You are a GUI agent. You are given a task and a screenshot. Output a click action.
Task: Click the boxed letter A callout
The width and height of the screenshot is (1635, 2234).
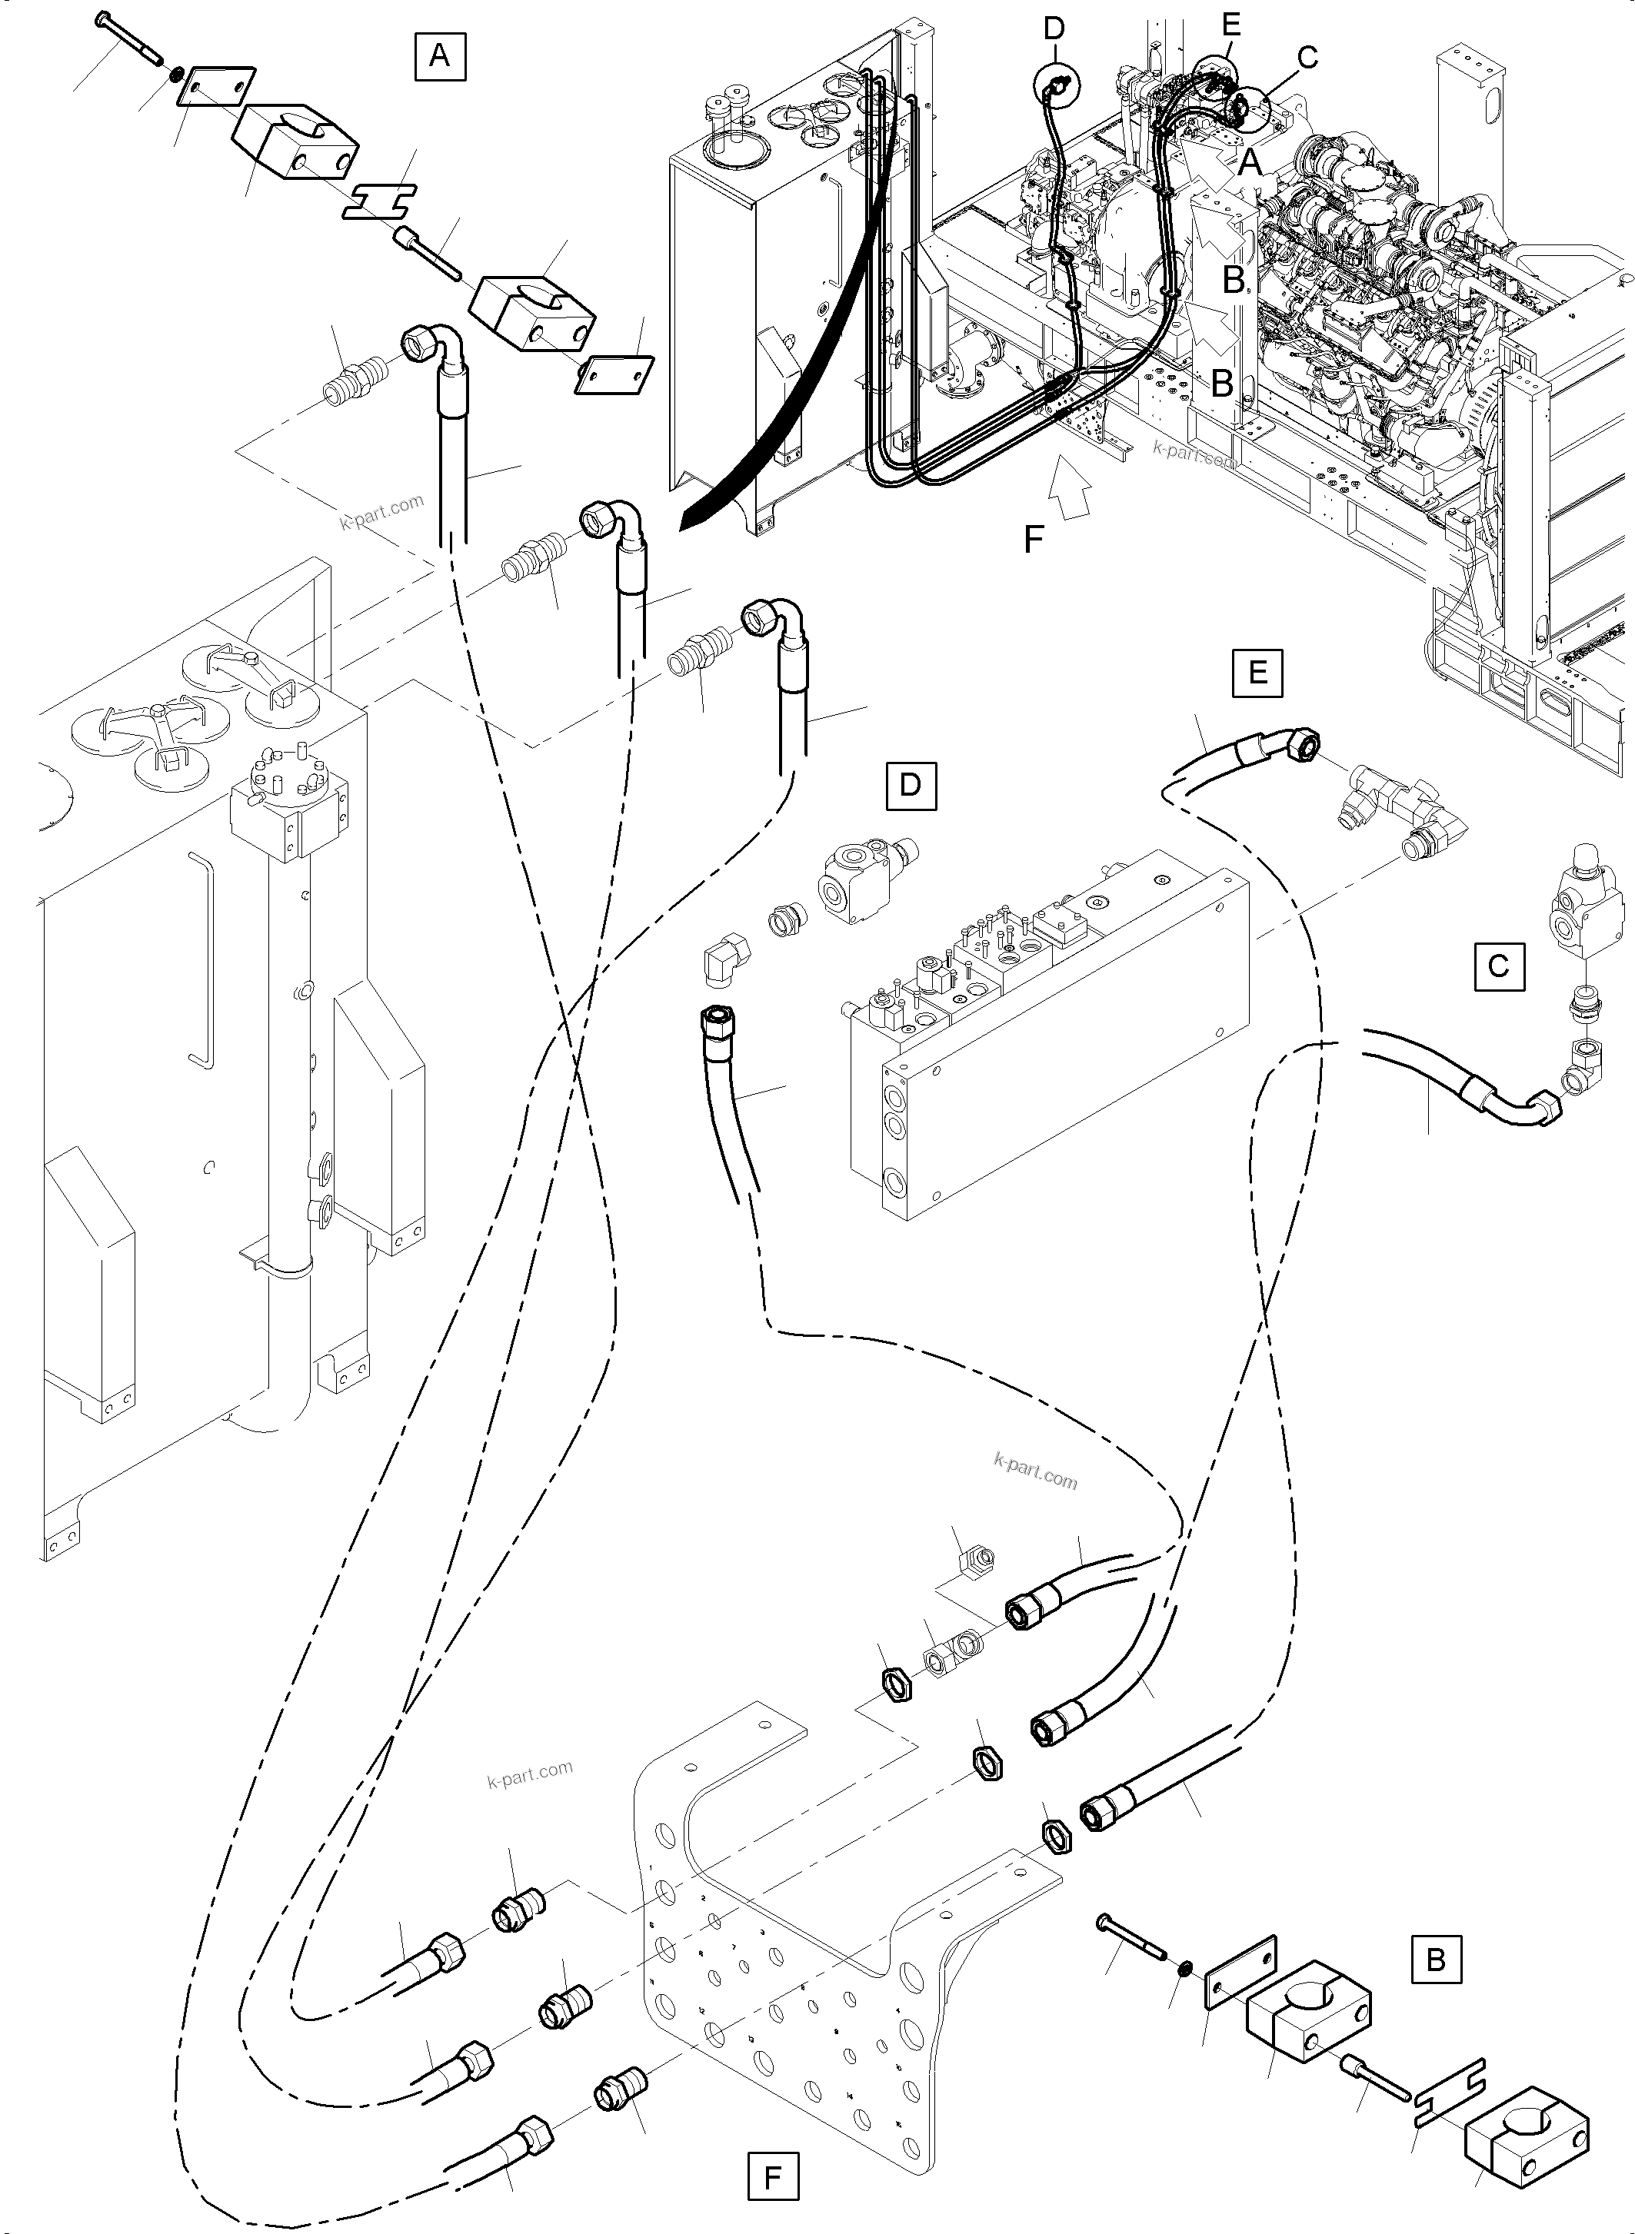(x=439, y=56)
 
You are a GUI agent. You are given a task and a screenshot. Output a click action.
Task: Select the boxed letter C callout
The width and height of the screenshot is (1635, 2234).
(x=1498, y=966)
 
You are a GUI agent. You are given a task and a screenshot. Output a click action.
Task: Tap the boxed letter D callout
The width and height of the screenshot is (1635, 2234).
(x=911, y=786)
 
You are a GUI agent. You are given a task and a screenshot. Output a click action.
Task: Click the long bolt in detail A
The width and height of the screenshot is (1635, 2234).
(x=131, y=37)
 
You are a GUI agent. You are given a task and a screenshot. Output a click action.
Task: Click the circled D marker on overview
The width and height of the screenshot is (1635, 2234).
(x=1054, y=85)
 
